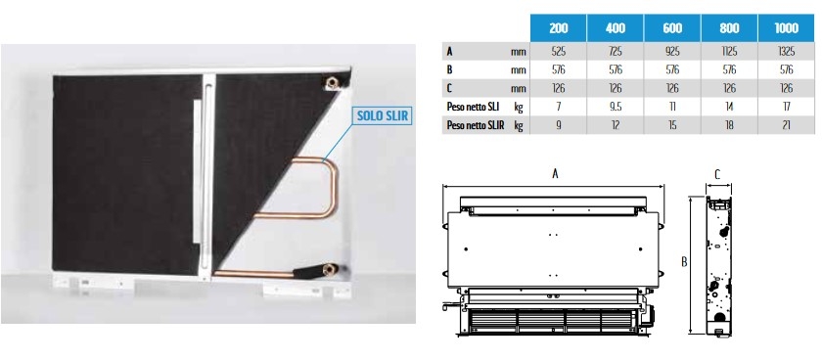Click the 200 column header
(x=559, y=27)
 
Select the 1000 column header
(x=787, y=27)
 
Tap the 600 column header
(x=672, y=27)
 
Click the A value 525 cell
(x=559, y=51)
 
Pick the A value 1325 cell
(x=787, y=51)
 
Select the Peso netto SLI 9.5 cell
(x=616, y=107)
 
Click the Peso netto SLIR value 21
(x=787, y=125)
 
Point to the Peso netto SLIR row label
(x=476, y=125)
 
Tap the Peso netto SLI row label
(x=473, y=107)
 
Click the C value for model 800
(x=729, y=89)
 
